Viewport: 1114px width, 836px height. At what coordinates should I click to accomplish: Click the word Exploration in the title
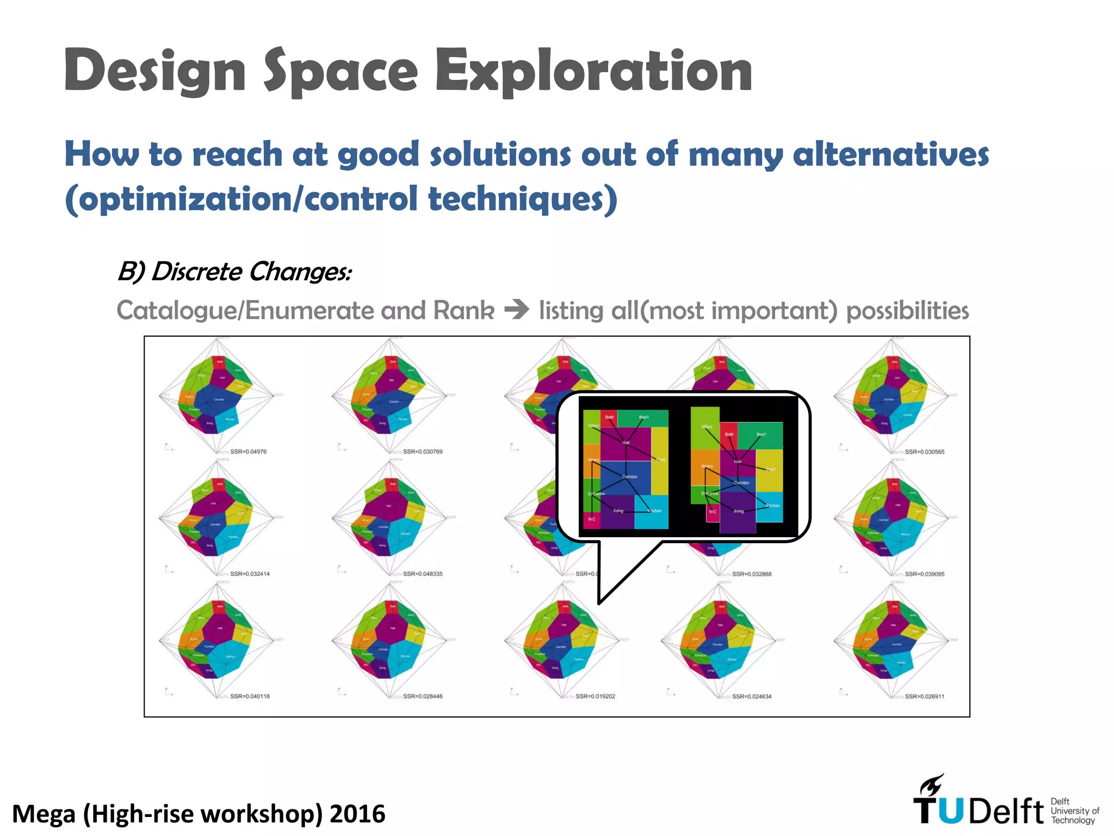pyautogui.click(x=594, y=71)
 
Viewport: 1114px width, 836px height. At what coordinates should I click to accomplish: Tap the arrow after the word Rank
pyautogui.click(x=516, y=310)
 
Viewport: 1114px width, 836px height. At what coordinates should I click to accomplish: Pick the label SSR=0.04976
pyautogui.click(x=248, y=452)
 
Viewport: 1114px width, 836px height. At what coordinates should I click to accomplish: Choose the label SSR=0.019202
pyautogui.click(x=595, y=696)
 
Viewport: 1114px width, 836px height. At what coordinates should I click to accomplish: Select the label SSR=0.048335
pyautogui.click(x=423, y=574)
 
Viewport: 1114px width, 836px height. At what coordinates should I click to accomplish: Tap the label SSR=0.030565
pyautogui.click(x=924, y=452)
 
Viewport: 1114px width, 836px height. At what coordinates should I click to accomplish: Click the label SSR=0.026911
pyautogui.click(x=924, y=696)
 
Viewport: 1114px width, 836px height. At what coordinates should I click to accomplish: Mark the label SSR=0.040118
pyautogui.click(x=250, y=696)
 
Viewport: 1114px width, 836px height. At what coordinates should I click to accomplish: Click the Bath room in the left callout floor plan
pyautogui.click(x=609, y=419)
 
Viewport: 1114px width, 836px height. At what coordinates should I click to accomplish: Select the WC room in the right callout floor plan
pyautogui.click(x=713, y=512)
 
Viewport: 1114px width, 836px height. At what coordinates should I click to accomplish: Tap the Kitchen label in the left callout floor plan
pyautogui.click(x=654, y=511)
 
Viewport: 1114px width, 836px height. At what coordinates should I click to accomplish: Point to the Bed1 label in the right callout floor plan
pyautogui.click(x=762, y=434)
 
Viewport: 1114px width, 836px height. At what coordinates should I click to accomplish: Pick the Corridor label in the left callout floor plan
pyautogui.click(x=629, y=477)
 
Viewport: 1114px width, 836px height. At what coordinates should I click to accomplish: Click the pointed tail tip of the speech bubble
pyautogui.click(x=599, y=603)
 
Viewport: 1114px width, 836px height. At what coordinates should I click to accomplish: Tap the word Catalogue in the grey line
pyautogui.click(x=178, y=311)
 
